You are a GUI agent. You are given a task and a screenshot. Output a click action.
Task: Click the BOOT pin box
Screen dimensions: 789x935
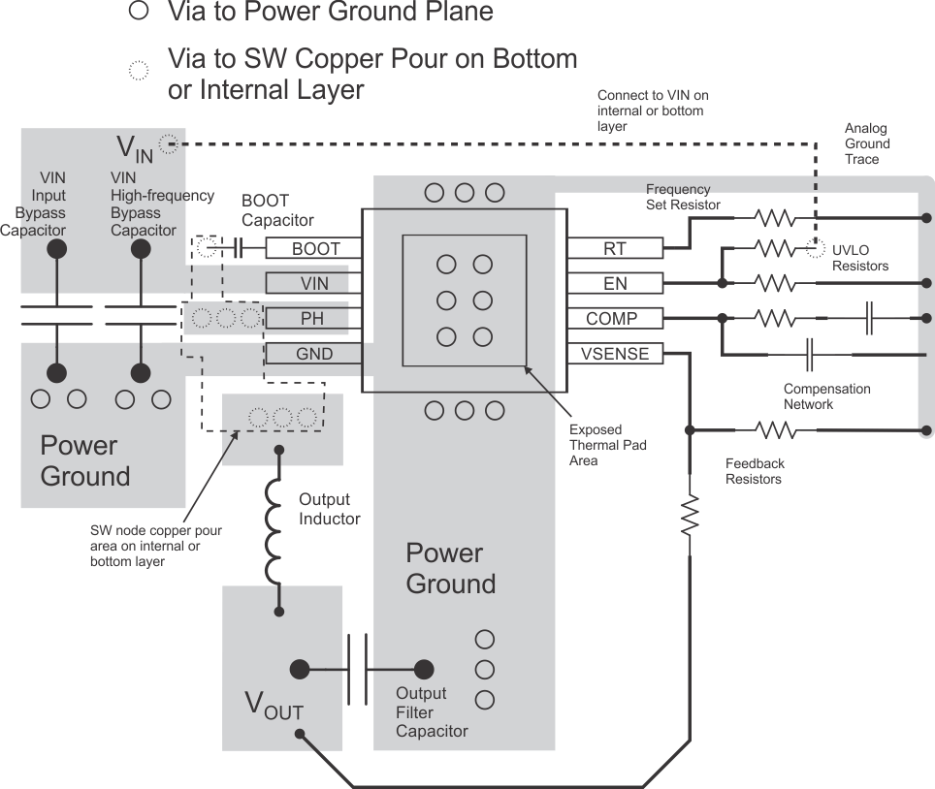[315, 249]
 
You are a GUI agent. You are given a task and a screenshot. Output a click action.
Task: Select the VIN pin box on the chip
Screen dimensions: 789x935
[315, 283]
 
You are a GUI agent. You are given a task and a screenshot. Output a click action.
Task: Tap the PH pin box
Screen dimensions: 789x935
[312, 319]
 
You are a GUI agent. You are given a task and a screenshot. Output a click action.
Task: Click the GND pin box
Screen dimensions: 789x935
[314, 355]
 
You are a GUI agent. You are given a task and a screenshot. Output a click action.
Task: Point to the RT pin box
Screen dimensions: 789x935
[614, 249]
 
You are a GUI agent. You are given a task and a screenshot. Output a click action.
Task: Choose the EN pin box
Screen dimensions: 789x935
[614, 283]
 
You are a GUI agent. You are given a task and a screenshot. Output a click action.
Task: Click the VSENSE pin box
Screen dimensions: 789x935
[614, 354]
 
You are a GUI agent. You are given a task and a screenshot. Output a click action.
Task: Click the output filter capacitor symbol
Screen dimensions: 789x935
[358, 669]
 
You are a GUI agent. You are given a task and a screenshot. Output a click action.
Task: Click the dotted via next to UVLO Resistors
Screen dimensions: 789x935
[815, 249]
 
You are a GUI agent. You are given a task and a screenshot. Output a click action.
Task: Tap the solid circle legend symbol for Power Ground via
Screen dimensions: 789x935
[140, 11]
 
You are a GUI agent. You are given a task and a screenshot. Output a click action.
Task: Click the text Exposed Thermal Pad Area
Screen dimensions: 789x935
[607, 445]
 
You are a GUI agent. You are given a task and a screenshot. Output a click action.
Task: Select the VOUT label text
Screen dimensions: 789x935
[273, 707]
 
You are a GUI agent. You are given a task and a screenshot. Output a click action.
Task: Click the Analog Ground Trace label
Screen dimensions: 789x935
[866, 143]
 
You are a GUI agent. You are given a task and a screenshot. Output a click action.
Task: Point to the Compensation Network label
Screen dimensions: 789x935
[826, 396]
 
